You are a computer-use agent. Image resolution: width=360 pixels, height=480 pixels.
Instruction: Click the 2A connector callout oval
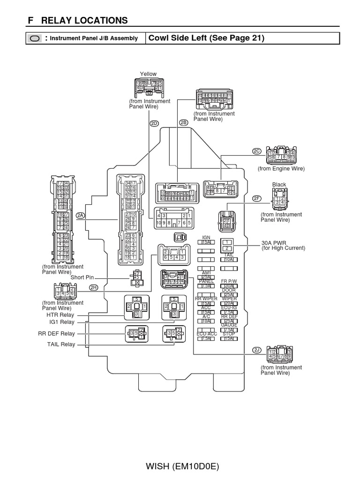coord(80,215)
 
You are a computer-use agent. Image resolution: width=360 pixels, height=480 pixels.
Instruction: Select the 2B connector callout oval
coord(183,123)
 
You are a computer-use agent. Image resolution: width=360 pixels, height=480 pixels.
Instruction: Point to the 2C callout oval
coord(256,151)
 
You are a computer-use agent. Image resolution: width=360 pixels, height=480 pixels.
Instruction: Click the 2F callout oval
coord(256,198)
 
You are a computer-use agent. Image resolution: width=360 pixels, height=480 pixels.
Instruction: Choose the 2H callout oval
coord(93,287)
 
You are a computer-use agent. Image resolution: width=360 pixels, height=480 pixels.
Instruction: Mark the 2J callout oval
coord(256,350)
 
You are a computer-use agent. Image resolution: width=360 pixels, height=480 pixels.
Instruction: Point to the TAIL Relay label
coord(61,344)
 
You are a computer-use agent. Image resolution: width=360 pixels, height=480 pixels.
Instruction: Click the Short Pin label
coord(82,277)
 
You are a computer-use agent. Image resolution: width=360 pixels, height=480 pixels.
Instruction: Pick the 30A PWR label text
coord(276,243)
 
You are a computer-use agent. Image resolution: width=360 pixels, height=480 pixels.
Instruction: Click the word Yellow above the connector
coord(148,74)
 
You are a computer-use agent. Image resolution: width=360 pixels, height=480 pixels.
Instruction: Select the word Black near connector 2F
coord(279,185)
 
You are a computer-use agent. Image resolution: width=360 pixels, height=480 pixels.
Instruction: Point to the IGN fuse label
coord(206,238)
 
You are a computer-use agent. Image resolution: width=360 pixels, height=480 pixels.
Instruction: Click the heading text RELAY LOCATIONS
coord(84,20)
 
